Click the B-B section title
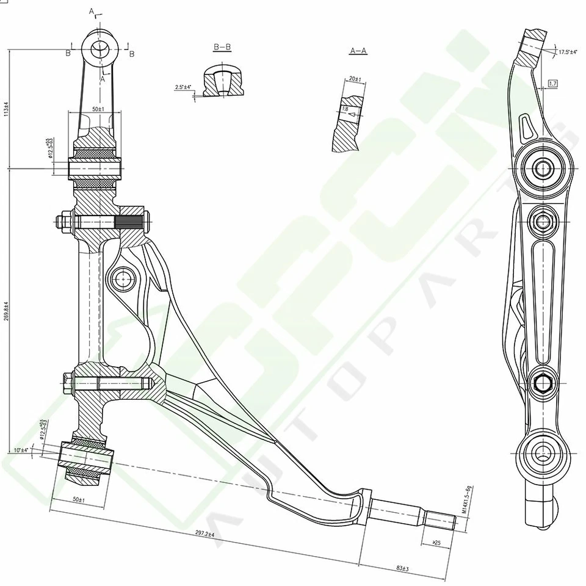223,47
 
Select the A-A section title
358,51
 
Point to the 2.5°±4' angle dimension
183,87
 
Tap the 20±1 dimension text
355,79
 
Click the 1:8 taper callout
345,109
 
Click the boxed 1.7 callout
553,83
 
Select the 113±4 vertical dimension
6,109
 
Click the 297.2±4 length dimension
204,534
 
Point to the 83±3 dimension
402,568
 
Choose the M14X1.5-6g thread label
469,501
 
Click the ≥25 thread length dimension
436,542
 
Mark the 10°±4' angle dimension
20,450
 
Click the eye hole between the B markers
99,48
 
